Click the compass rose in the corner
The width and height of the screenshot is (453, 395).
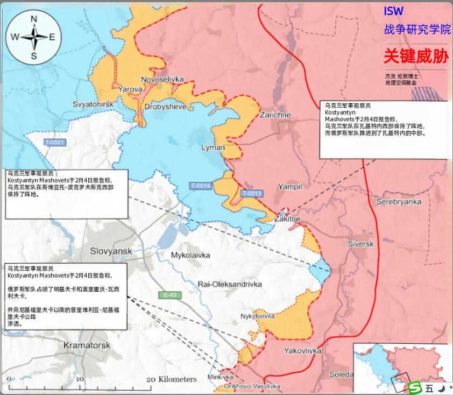pos(33,37)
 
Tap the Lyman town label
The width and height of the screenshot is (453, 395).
pos(213,147)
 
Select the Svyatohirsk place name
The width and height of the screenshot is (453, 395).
pos(94,104)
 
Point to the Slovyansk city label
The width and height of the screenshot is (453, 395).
pos(111,251)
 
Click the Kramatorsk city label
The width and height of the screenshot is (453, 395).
pos(87,345)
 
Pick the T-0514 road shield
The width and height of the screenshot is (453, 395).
pos(200,186)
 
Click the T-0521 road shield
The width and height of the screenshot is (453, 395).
pos(54,142)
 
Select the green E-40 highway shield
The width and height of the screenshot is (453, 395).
pos(170,295)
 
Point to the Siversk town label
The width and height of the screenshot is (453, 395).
pos(360,244)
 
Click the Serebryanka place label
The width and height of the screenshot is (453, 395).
pos(398,202)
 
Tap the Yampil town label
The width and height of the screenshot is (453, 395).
pos(290,187)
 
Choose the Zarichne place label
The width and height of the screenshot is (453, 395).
pos(275,115)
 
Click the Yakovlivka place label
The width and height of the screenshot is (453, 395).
pos(302,351)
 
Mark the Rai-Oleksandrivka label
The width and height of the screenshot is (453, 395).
pos(230,284)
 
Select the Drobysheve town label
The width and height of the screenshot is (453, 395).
pos(165,107)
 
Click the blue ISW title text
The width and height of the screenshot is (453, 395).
pos(393,11)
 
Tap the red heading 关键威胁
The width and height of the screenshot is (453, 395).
pos(416,56)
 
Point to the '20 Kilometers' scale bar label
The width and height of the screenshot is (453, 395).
pos(171,379)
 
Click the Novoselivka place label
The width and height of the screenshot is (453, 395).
pos(162,79)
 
